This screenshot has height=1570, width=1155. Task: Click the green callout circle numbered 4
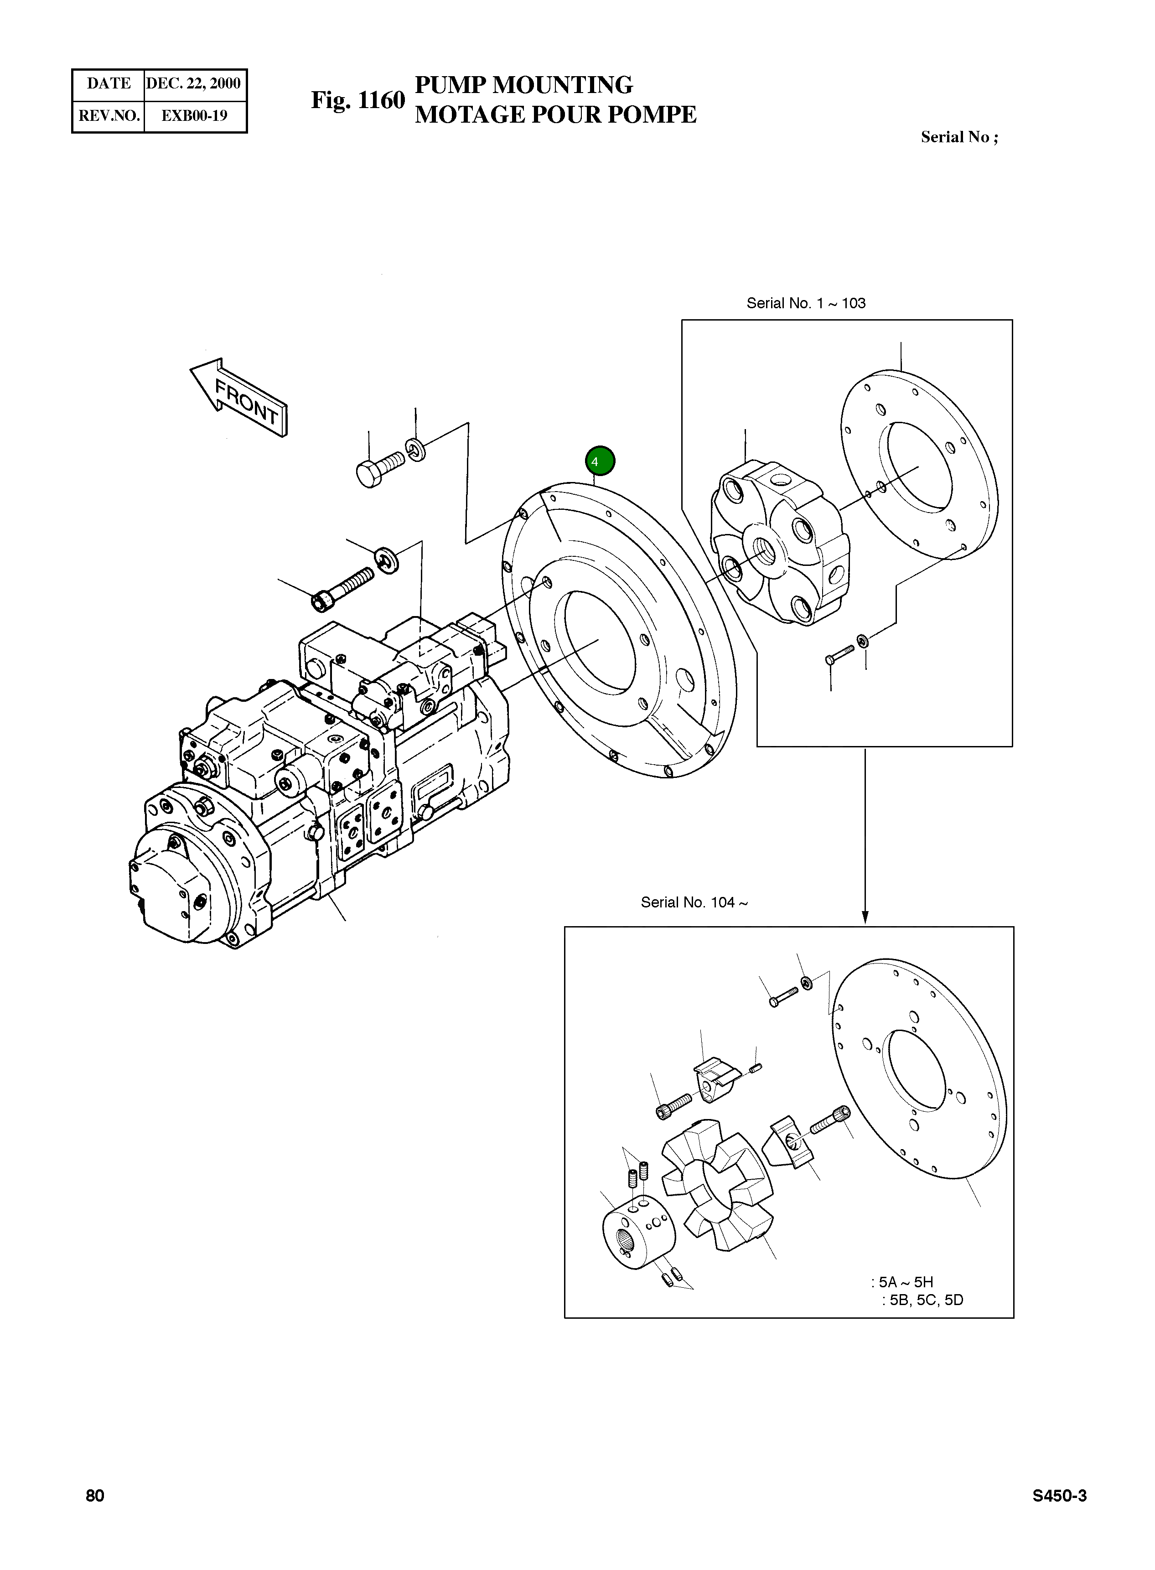click(600, 461)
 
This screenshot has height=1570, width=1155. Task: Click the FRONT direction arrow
click(240, 398)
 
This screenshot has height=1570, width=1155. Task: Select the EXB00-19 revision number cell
click(194, 116)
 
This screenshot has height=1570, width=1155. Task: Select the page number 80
click(95, 1495)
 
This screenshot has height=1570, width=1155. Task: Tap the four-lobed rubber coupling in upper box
click(778, 542)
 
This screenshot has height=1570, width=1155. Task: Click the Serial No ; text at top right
click(958, 137)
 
